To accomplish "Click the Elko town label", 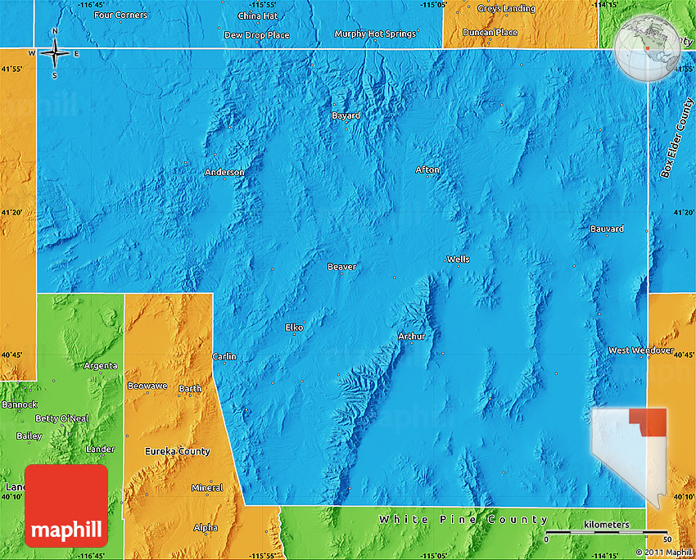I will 294,327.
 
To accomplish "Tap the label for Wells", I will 459,260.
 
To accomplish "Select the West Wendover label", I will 641,350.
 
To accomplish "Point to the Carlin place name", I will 224,356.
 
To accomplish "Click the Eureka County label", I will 178,451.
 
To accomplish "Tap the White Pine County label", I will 463,520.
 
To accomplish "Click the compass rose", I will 55,54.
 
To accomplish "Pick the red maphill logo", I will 66,506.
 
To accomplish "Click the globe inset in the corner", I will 644,47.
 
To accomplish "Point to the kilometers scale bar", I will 607,533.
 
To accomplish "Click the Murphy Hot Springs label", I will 376,34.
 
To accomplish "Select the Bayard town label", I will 346,115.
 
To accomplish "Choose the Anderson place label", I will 224,172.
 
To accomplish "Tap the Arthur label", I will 412,336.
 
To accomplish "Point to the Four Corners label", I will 121,15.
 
